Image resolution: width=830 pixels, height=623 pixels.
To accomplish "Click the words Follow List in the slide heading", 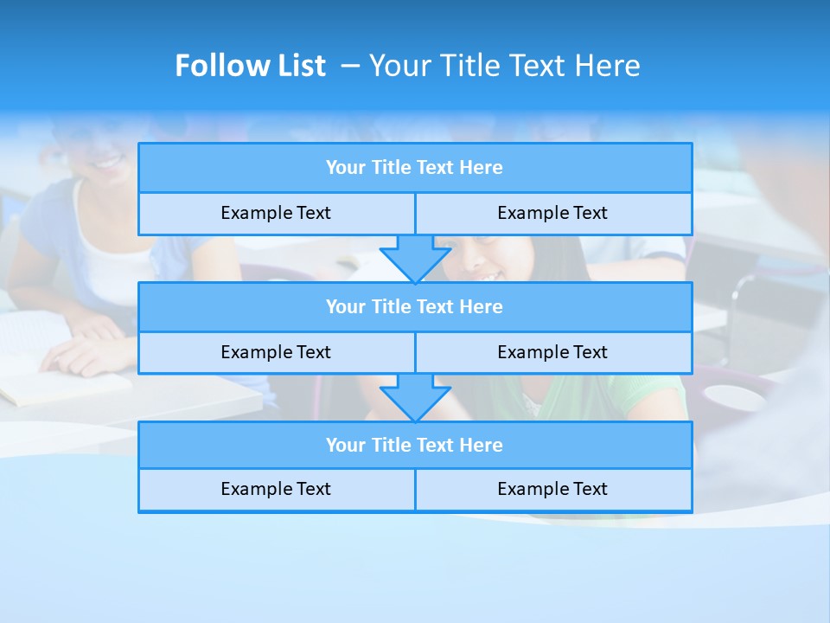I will click(250, 66).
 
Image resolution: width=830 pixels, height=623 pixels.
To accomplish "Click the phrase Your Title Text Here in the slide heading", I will click(504, 66).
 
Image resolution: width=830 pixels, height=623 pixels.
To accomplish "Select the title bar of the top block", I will click(415, 168).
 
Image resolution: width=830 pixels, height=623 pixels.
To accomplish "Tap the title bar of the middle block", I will click(415, 307).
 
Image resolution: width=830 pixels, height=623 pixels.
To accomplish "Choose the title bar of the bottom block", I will click(415, 446).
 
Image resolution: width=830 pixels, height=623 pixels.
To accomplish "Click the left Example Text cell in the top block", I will click(276, 214).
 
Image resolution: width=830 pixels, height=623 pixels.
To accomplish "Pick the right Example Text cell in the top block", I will click(553, 214).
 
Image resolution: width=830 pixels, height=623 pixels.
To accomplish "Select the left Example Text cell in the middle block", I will click(276, 353).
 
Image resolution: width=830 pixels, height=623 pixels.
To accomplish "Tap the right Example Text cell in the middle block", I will click(553, 353).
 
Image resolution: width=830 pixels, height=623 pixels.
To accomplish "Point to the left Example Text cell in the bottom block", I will click(276, 490).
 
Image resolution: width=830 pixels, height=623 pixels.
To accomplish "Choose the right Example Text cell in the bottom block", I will click(553, 490).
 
